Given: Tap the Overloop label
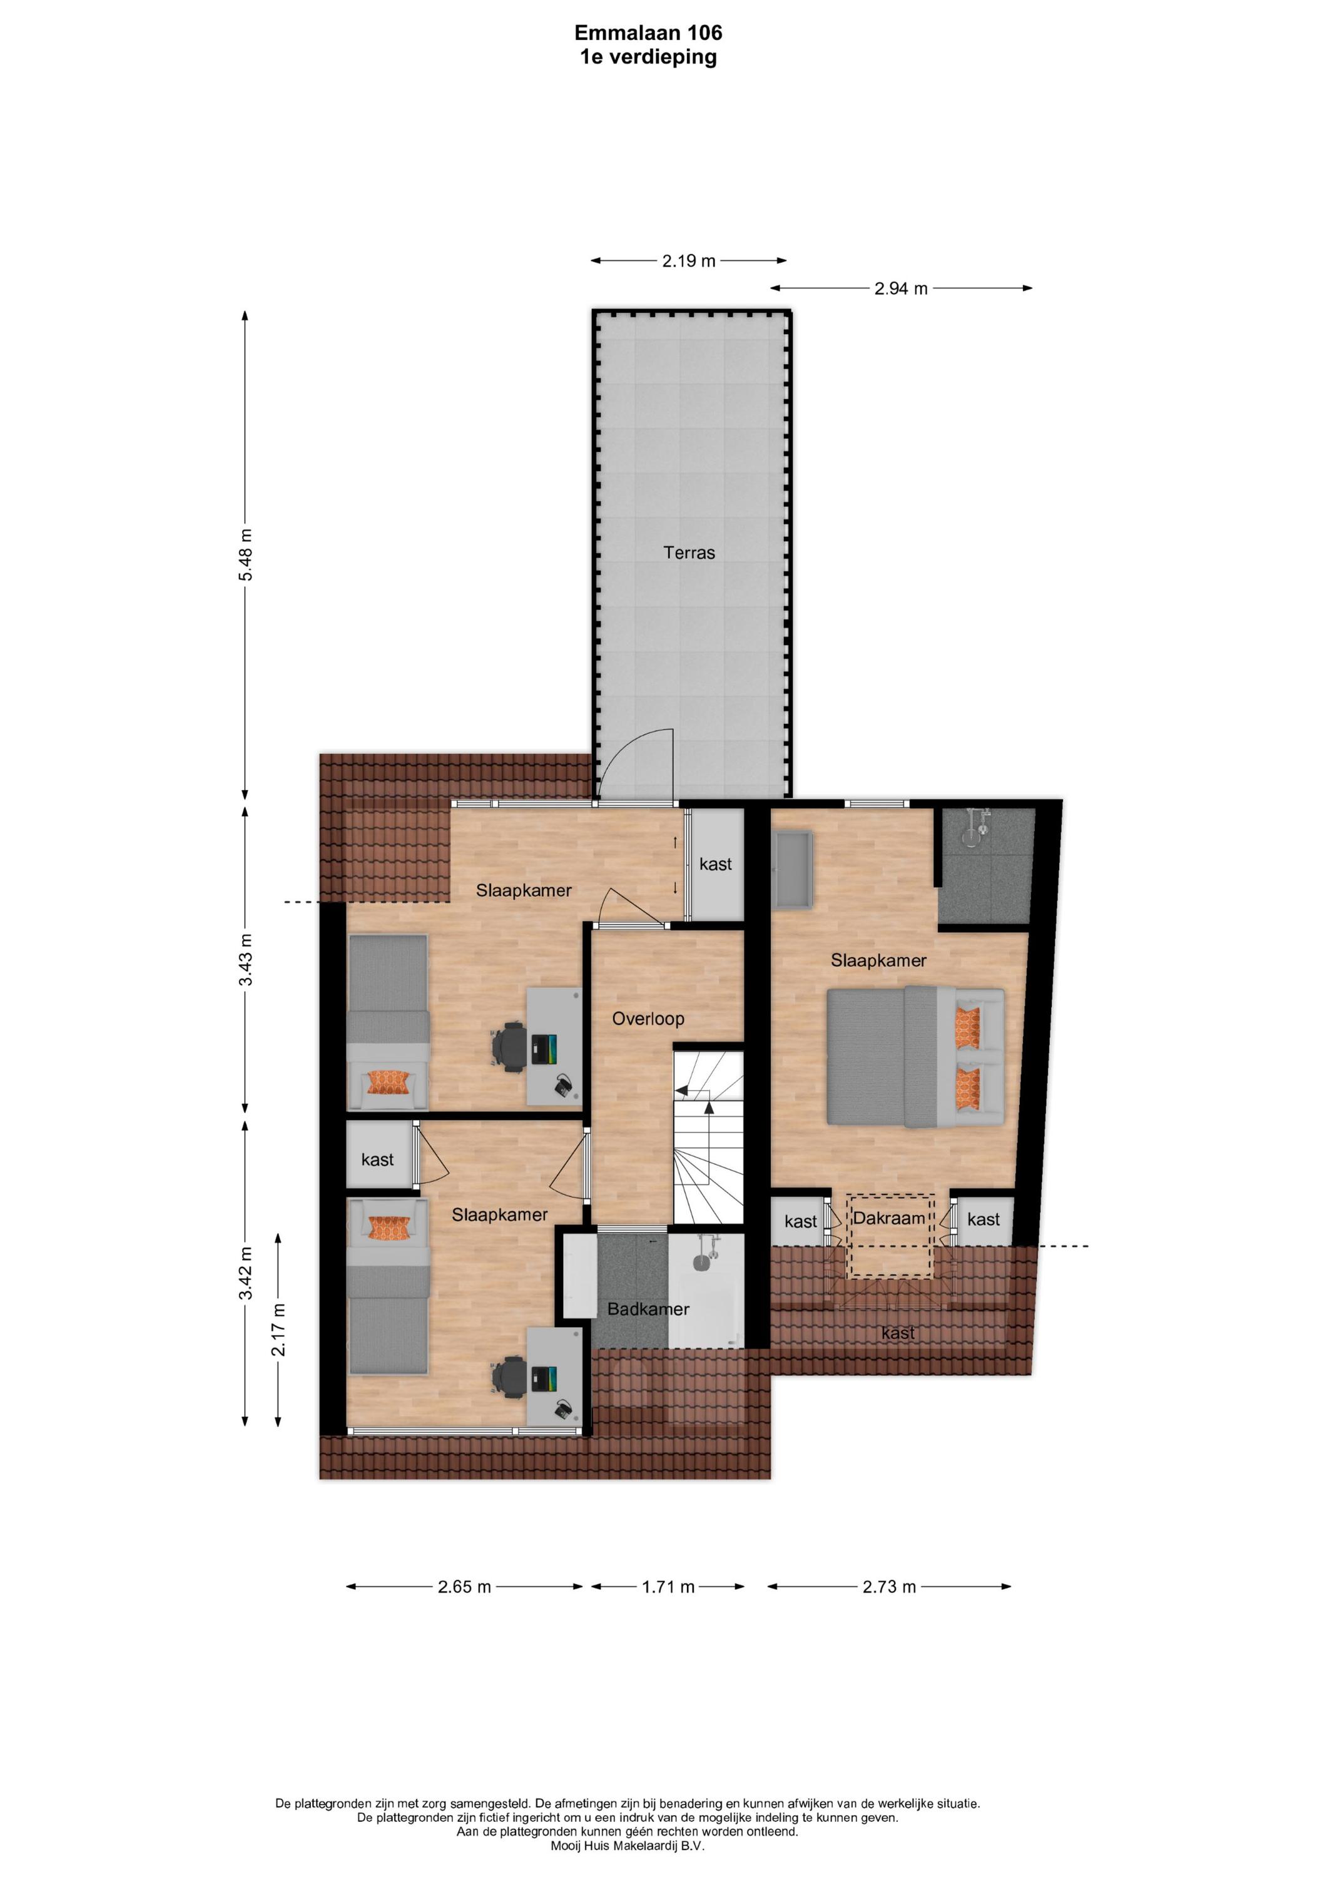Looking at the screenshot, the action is (x=648, y=1019).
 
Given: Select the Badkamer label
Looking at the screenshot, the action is (x=648, y=1309).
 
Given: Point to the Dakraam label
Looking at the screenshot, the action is (x=889, y=1218).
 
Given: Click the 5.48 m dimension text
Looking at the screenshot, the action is (x=245, y=555).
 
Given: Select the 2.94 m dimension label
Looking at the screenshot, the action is (x=901, y=288).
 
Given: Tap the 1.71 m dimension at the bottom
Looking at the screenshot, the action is (x=668, y=1587).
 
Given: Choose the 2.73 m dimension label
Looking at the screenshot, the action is (x=890, y=1587).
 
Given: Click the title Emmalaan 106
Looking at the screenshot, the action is (x=648, y=33).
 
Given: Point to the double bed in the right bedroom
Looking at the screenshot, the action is (x=915, y=1056).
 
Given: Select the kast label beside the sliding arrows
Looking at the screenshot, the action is (x=715, y=864).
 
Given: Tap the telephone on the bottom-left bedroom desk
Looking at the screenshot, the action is (x=563, y=1410).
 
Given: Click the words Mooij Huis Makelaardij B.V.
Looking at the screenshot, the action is (x=627, y=1845).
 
